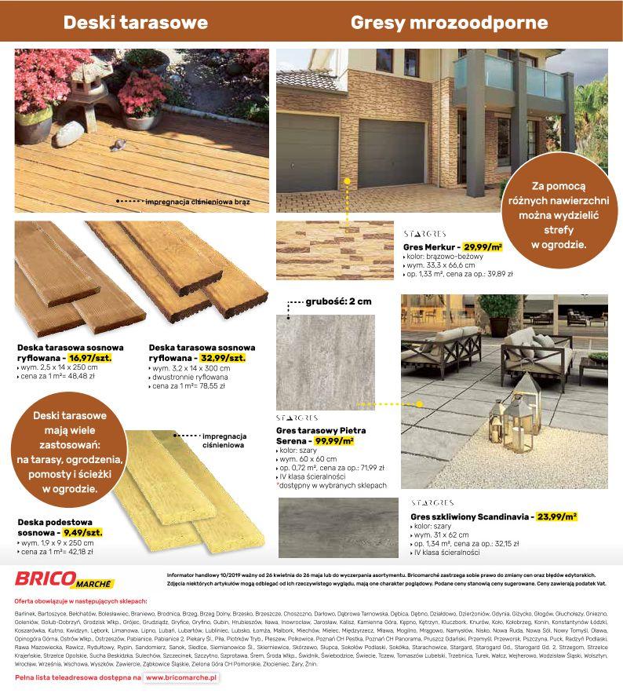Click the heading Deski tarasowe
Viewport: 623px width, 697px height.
135,22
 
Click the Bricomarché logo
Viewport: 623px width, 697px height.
64,582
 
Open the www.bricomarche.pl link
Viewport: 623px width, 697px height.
182,676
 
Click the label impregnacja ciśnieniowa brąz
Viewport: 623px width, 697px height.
197,202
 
